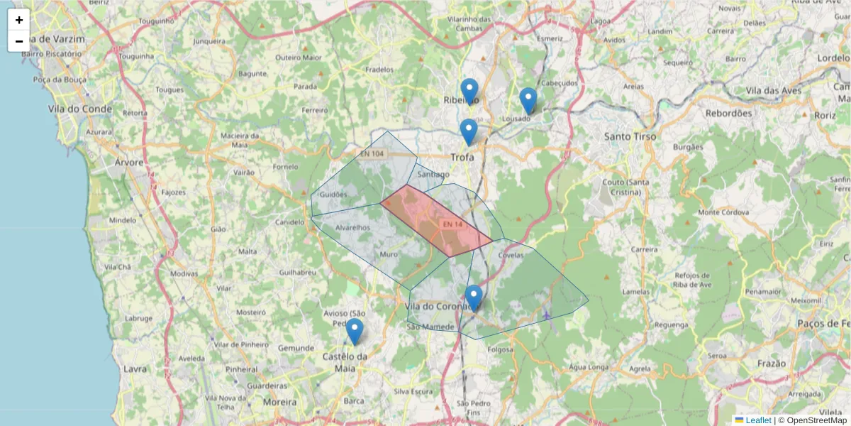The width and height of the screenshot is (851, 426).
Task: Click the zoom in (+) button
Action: click(19, 20)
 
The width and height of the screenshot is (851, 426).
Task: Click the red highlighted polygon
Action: click(434, 220)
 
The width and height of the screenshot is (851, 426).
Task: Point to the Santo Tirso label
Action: click(630, 136)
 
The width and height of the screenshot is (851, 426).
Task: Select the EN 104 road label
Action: click(372, 153)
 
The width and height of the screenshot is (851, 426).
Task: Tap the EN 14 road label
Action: click(452, 224)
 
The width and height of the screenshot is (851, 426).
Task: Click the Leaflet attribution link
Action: click(757, 420)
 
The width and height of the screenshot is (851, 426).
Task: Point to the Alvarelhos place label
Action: click(352, 228)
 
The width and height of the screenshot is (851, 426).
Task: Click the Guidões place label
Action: click(333, 194)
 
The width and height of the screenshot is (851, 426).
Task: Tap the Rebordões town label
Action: click(728, 113)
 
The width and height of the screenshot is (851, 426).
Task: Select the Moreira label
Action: click(279, 402)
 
